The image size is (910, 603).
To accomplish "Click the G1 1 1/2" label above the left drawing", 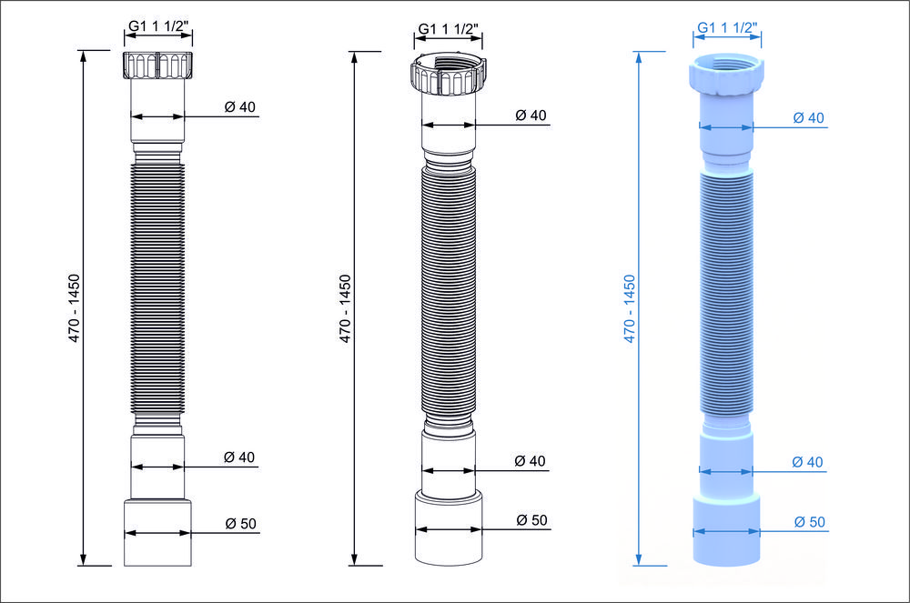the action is pyautogui.click(x=158, y=25).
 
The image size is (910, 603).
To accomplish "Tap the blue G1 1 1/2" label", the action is pyautogui.click(x=727, y=27).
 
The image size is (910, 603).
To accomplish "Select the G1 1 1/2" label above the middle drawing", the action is pyautogui.click(x=448, y=28).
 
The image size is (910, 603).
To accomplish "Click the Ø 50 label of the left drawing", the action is pyautogui.click(x=241, y=524).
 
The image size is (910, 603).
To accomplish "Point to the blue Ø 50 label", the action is pyautogui.click(x=810, y=522).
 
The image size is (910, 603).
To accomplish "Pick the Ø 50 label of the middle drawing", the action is pyautogui.click(x=531, y=520).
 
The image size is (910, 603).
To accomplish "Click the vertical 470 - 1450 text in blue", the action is pyautogui.click(x=630, y=308).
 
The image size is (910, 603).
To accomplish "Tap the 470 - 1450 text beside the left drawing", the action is pyautogui.click(x=74, y=308).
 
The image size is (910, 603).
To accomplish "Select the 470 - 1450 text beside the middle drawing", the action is pyautogui.click(x=345, y=308).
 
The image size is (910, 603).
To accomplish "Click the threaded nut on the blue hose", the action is pyautogui.click(x=726, y=75).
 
